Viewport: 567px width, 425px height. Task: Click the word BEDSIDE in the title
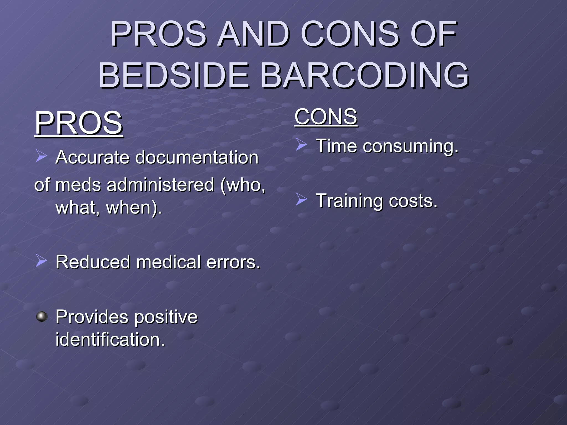pyautogui.click(x=174, y=75)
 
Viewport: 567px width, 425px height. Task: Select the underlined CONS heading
pyautogui.click(x=326, y=117)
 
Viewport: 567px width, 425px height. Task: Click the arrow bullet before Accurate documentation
pyautogui.click(x=41, y=156)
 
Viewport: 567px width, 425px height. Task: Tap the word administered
pyautogui.click(x=161, y=185)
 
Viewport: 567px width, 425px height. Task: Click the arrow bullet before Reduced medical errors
pyautogui.click(x=41, y=261)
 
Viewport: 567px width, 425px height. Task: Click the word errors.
pyautogui.click(x=233, y=262)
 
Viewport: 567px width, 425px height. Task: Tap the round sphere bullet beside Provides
pyautogui.click(x=42, y=316)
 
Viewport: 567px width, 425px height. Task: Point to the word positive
pyautogui.click(x=166, y=317)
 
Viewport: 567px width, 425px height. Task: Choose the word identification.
pyautogui.click(x=110, y=340)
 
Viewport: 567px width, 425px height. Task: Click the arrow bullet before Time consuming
pyautogui.click(x=301, y=144)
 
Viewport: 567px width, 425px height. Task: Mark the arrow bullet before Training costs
pyautogui.click(x=301, y=199)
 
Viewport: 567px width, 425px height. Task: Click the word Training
pyautogui.click(x=349, y=201)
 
